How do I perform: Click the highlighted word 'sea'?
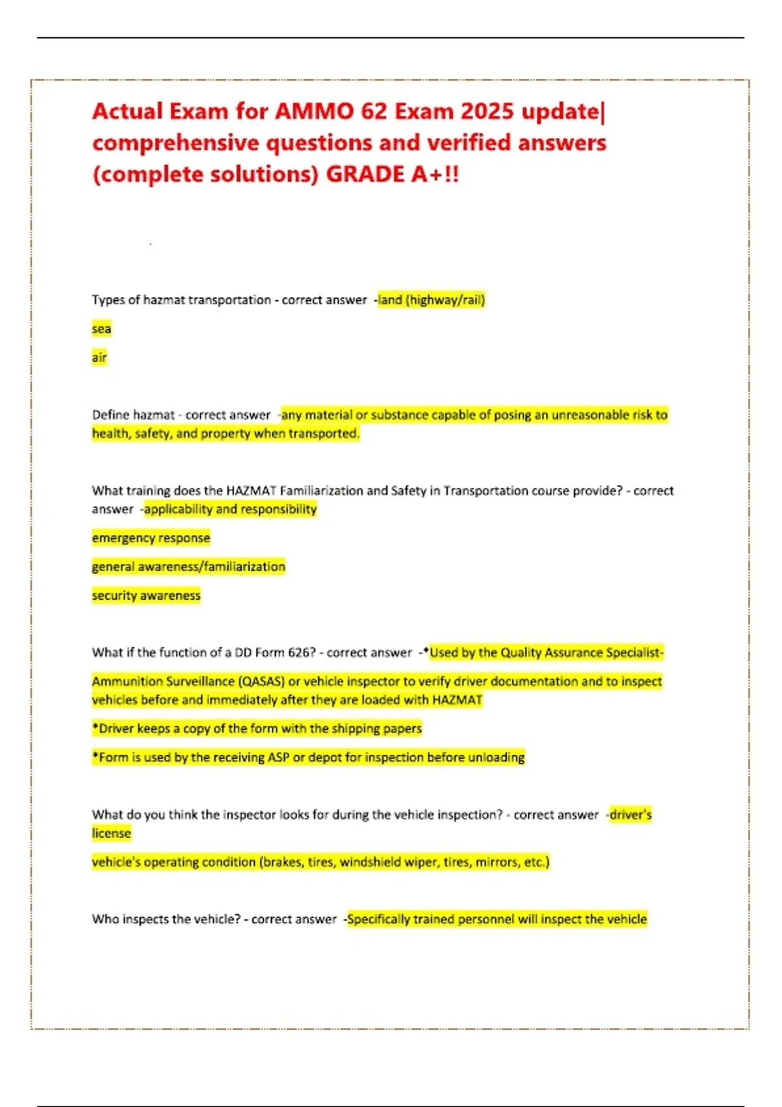(101, 329)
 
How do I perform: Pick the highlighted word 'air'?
(99, 357)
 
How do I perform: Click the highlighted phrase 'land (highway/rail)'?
(431, 300)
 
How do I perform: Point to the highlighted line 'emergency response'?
(151, 538)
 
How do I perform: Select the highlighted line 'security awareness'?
(146, 595)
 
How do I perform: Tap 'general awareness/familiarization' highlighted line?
(188, 567)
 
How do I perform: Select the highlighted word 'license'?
(111, 834)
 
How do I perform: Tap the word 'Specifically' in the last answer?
(379, 919)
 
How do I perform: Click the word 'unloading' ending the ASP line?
(496, 757)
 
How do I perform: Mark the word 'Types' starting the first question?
(108, 300)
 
